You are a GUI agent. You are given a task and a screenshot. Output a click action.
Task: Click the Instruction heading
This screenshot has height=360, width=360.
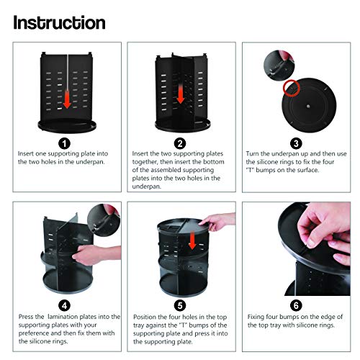point(59,22)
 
